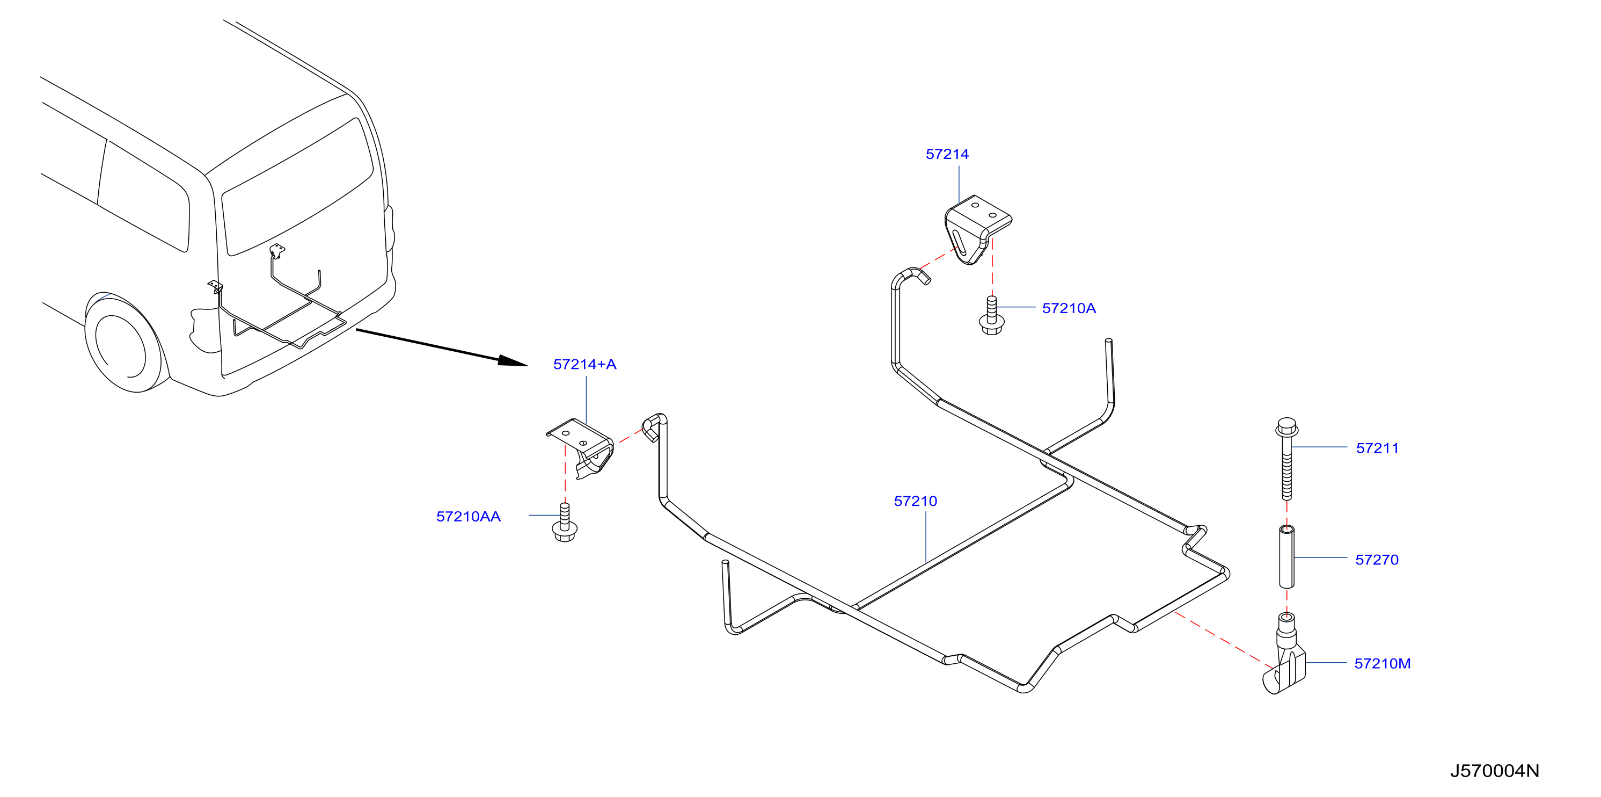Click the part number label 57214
(947, 154)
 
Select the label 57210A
(1069, 308)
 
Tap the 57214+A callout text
(584, 364)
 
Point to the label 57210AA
(468, 517)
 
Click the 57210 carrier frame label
(915, 501)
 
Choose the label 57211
(1377, 448)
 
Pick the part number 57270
(1377, 560)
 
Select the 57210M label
(1382, 664)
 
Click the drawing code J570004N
(1495, 771)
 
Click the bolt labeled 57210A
(991, 316)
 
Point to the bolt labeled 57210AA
(564, 523)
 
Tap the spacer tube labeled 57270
(1286, 557)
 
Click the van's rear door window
(297, 186)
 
